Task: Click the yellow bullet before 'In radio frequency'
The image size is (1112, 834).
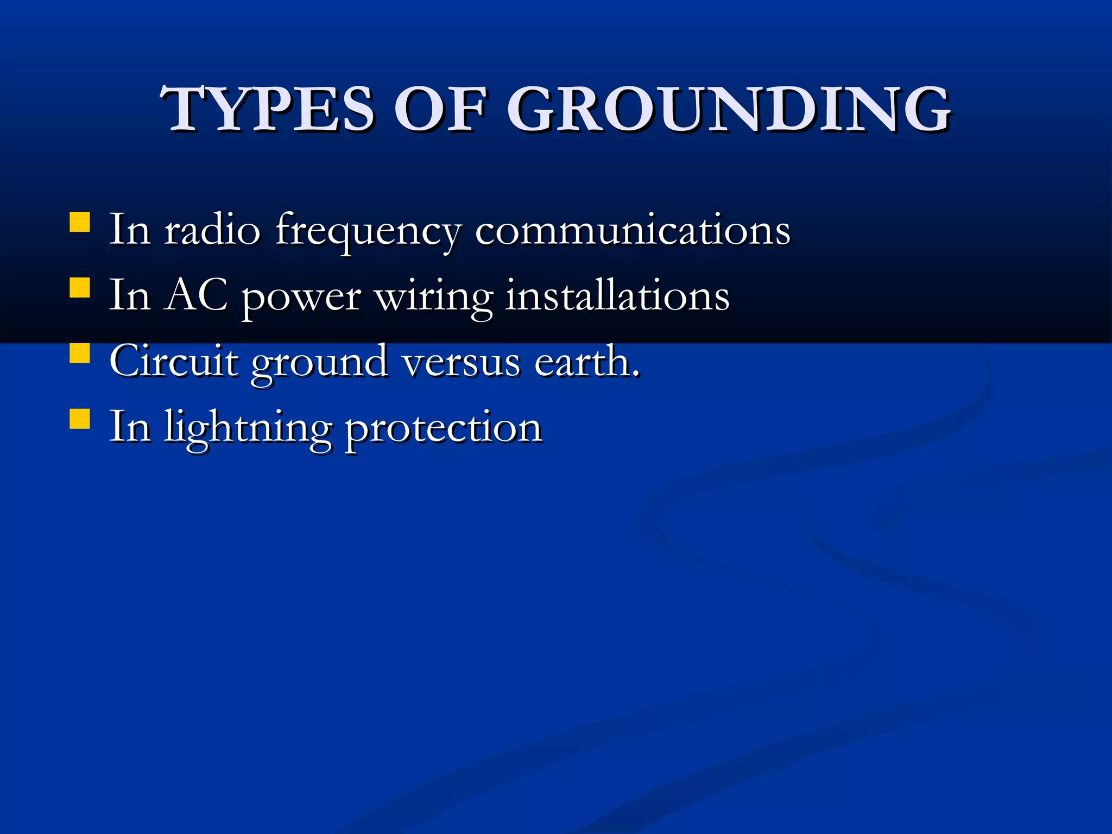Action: [80, 222]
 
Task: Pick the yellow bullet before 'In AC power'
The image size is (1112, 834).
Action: [80, 288]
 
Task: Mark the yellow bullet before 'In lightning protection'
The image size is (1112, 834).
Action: [80, 419]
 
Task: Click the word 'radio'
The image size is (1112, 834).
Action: [212, 230]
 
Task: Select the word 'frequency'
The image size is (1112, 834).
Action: [368, 232]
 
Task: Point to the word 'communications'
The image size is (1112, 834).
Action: [633, 231]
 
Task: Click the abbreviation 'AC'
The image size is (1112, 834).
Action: [196, 295]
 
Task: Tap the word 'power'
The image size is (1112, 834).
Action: [301, 299]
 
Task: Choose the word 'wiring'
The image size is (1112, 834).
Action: [434, 298]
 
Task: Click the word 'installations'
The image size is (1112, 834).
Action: [617, 296]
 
